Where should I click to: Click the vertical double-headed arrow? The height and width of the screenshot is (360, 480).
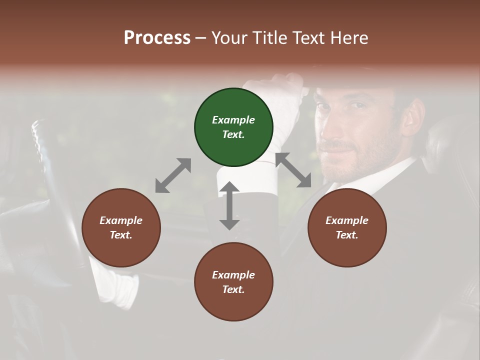click(x=229, y=205)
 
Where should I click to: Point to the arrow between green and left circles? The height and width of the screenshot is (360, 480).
click(x=173, y=175)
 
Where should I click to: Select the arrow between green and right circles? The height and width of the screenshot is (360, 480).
click(x=293, y=170)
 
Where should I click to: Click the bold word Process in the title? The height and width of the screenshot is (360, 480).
click(x=157, y=37)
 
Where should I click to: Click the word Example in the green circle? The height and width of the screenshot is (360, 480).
click(x=233, y=120)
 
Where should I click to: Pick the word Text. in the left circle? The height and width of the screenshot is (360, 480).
click(x=121, y=235)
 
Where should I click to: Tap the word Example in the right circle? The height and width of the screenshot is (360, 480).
click(x=347, y=220)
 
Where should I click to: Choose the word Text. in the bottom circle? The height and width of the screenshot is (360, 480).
click(x=233, y=289)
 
